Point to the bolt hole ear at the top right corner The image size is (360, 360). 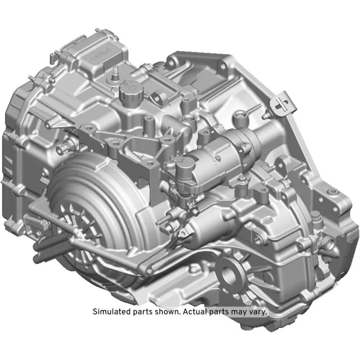229,58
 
